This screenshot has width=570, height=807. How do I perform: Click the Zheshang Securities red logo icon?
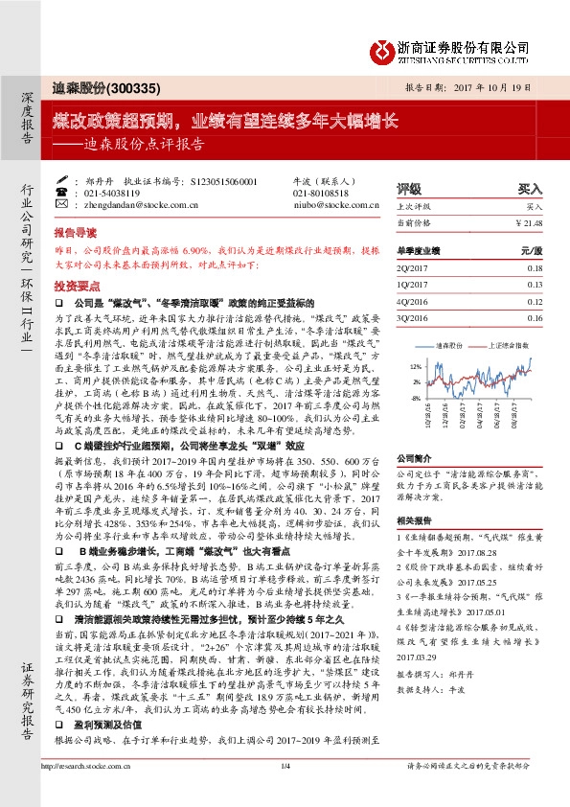pyautogui.click(x=384, y=49)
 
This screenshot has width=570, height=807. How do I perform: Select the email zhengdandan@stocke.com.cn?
pyautogui.click(x=129, y=204)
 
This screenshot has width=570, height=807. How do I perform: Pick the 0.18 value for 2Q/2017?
pyautogui.click(x=535, y=268)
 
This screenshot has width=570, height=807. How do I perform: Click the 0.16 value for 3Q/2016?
pyautogui.click(x=535, y=317)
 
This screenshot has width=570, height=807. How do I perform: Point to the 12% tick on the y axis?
pyautogui.click(x=415, y=366)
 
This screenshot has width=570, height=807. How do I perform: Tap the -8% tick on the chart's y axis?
pyautogui.click(x=415, y=396)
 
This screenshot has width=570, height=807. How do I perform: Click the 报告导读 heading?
pyautogui.click(x=76, y=232)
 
